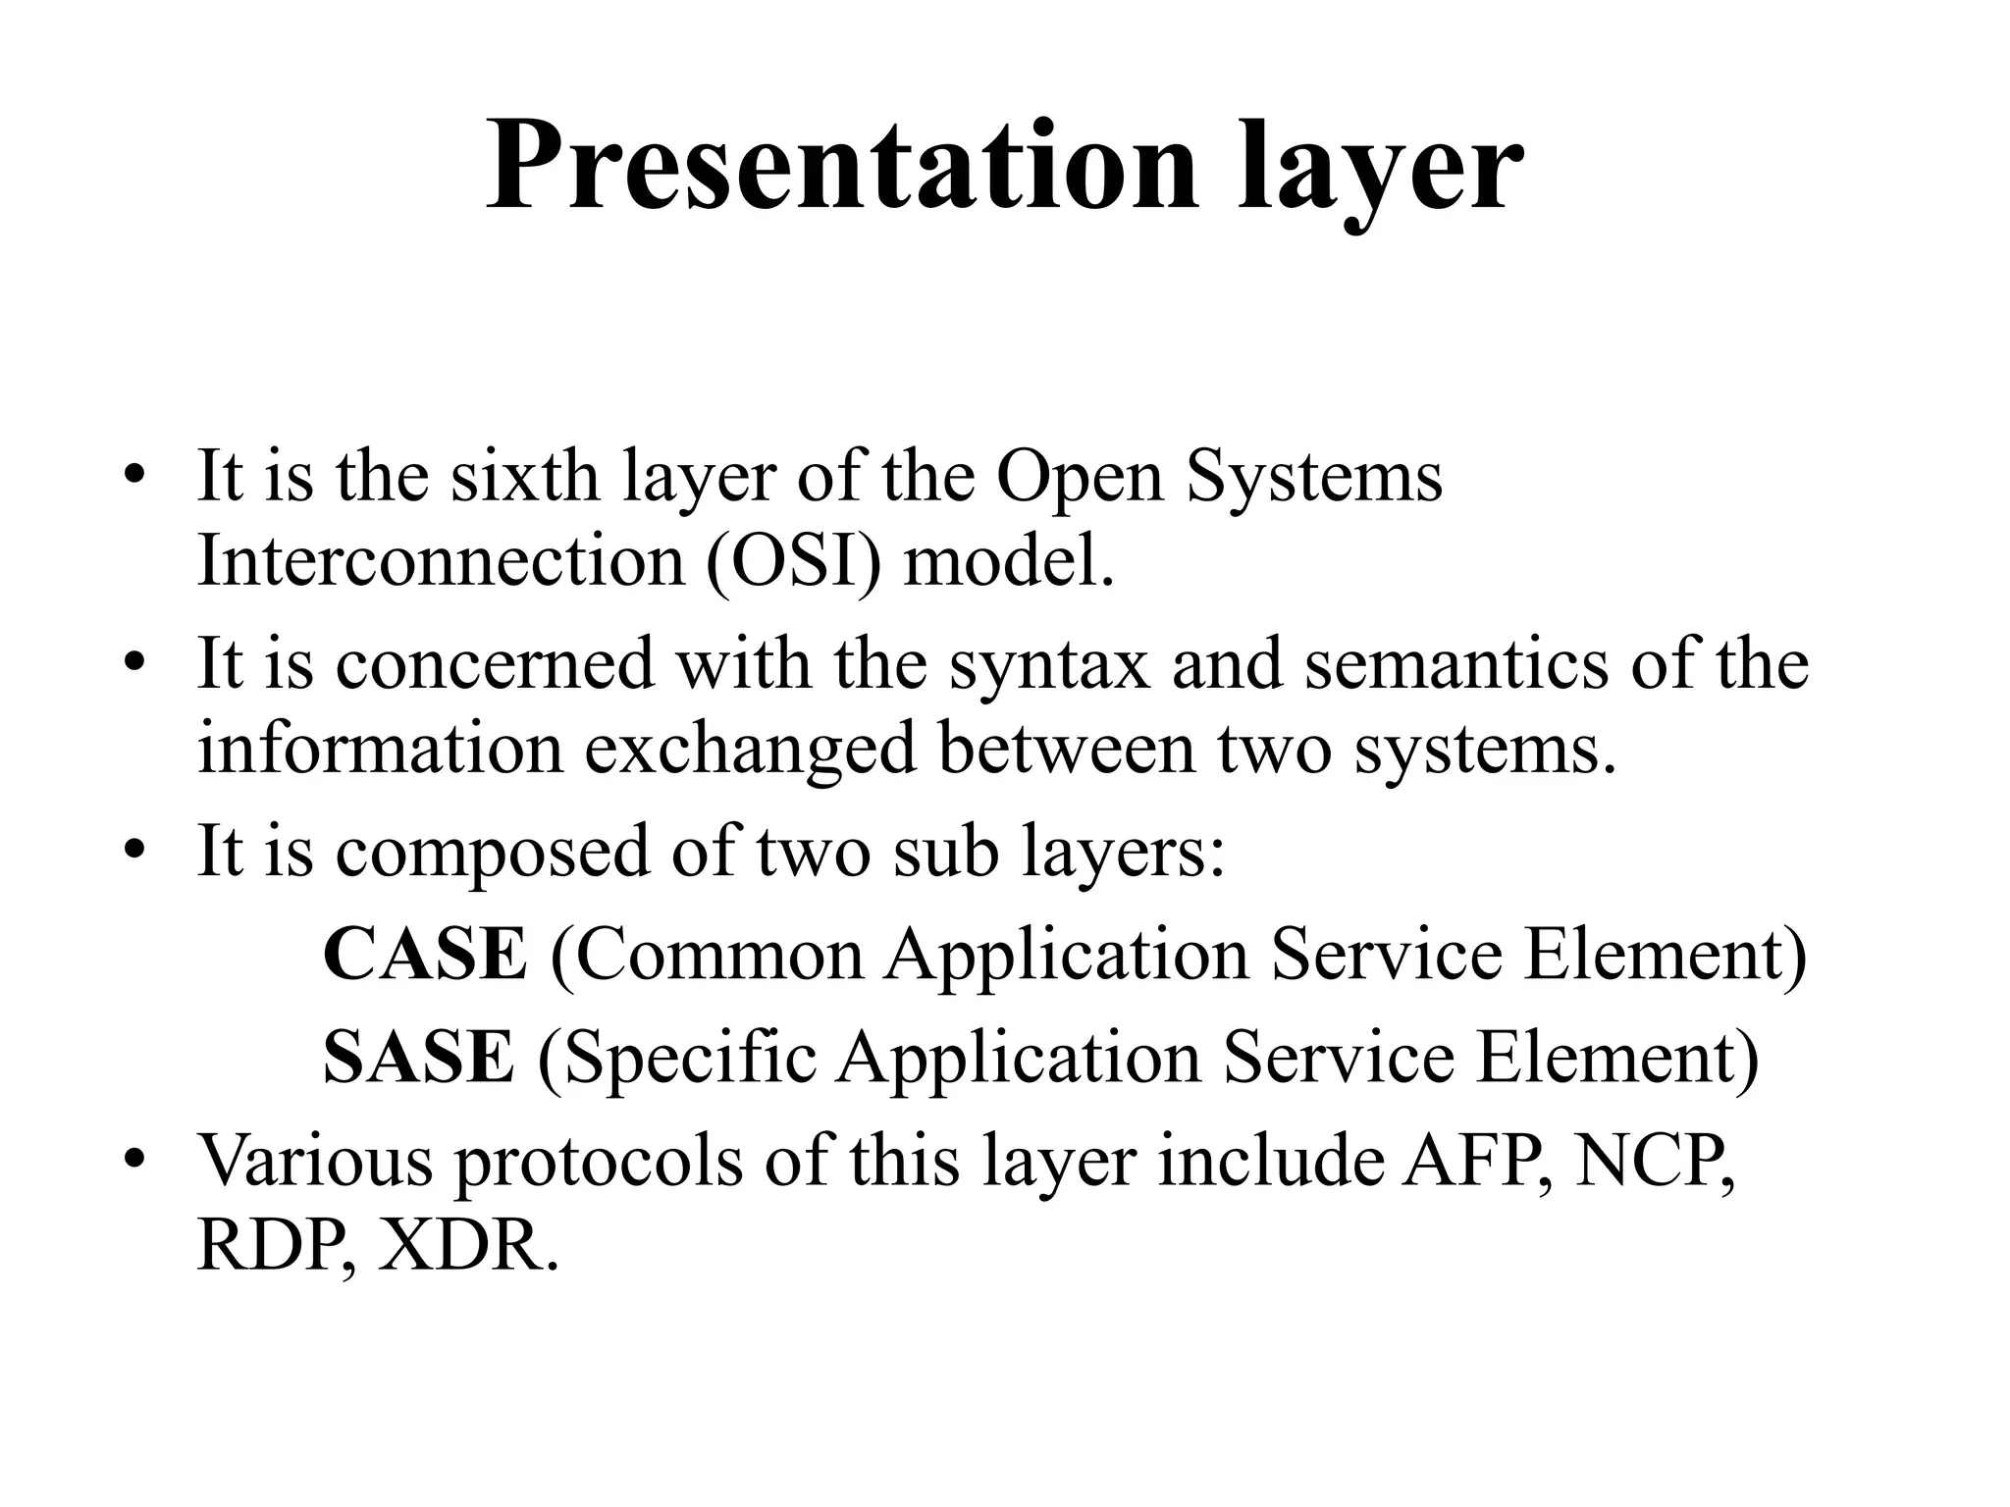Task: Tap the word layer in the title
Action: point(1380,167)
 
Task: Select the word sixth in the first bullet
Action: point(524,477)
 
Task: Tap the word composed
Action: point(492,851)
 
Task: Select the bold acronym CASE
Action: point(424,955)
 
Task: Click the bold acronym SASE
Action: point(418,1058)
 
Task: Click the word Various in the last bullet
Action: point(315,1162)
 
